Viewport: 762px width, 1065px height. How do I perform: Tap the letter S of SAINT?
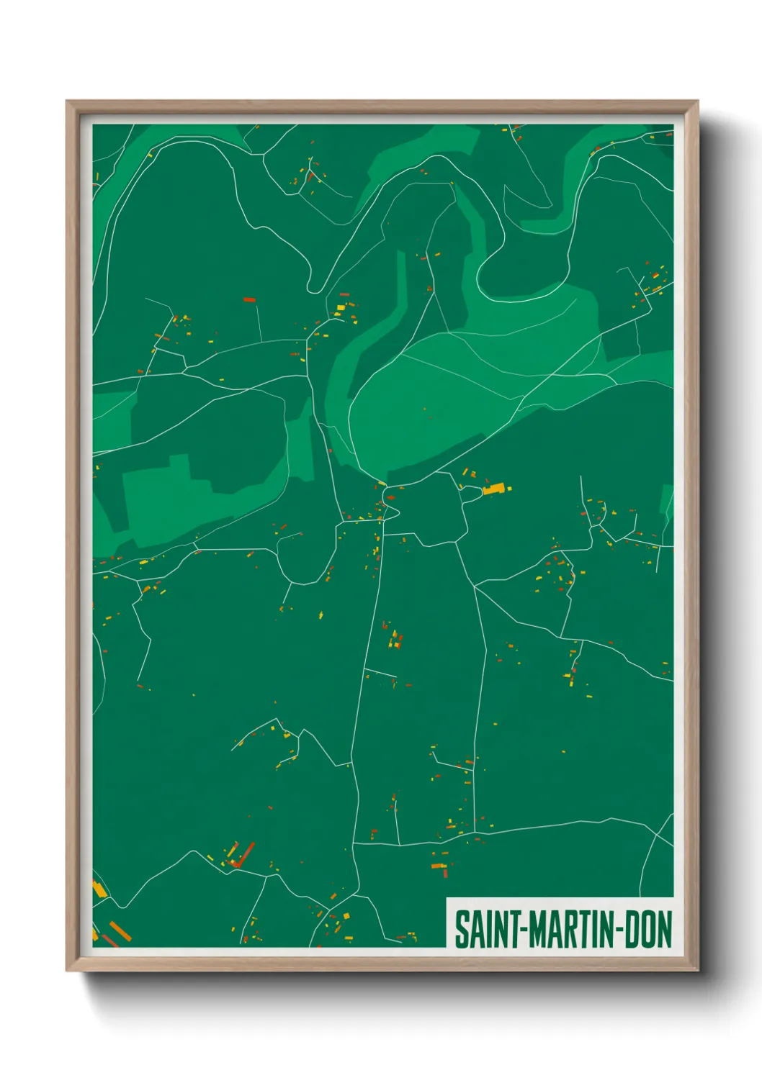[460, 930]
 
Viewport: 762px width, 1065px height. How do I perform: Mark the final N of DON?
[664, 930]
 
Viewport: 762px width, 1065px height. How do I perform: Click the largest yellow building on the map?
[493, 489]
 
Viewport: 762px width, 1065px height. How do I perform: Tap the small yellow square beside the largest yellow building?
[509, 489]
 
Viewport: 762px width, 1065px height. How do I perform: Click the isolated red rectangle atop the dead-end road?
[249, 299]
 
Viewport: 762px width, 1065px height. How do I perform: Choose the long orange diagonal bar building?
[120, 931]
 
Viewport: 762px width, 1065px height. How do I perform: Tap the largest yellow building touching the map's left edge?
[99, 889]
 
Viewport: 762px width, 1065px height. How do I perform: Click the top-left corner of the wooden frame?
[67, 101]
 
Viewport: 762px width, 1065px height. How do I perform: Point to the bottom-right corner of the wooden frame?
[697, 971]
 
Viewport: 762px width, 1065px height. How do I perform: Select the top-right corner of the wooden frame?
[697, 101]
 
